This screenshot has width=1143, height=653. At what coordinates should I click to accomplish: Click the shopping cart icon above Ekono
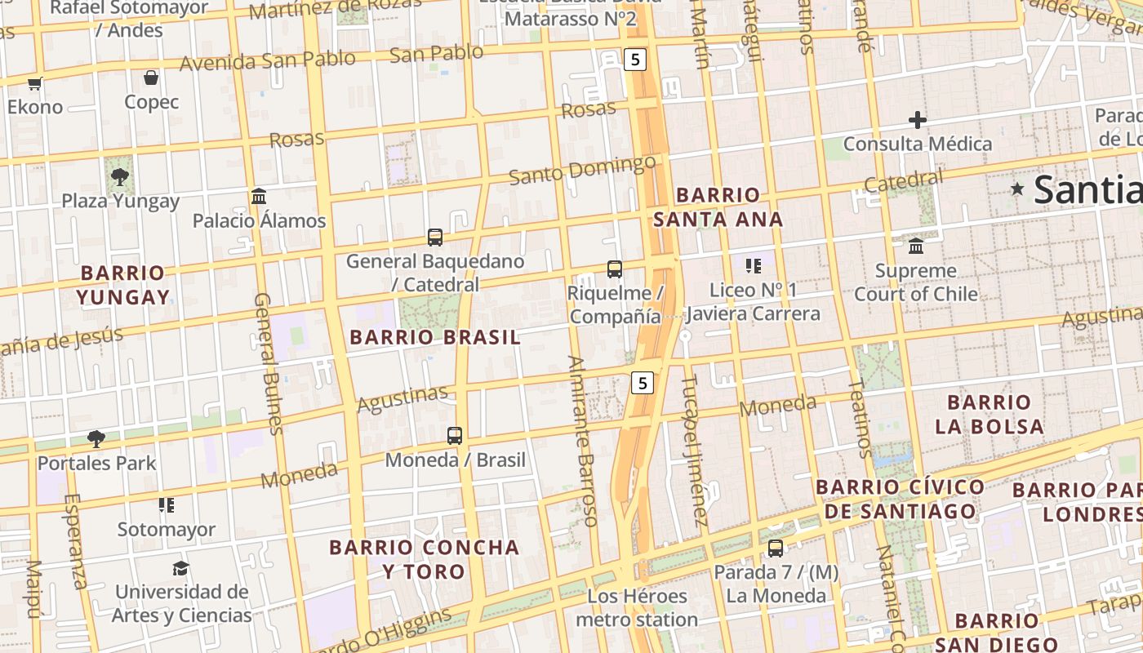[34, 83]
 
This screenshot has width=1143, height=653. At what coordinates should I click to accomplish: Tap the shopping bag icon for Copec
[151, 78]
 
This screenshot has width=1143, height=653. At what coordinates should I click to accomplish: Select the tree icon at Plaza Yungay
[120, 176]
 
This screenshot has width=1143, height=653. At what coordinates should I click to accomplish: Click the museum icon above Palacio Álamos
[260, 196]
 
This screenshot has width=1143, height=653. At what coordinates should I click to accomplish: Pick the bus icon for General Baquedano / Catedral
[435, 238]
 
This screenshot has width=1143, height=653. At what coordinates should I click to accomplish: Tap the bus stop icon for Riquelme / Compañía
[615, 269]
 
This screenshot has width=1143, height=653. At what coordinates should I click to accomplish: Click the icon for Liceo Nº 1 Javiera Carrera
[753, 265]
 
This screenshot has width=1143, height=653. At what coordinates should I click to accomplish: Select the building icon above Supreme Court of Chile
[916, 246]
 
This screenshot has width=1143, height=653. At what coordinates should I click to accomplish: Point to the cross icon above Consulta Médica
[918, 120]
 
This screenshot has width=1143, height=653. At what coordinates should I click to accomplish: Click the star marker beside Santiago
[1017, 189]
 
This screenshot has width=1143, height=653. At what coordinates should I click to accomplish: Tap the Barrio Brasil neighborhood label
[434, 337]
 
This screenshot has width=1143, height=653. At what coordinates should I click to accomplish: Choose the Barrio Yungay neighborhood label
[124, 285]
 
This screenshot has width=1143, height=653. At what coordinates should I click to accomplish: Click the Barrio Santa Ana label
[718, 207]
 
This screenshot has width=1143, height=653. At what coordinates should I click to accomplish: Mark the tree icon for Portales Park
[96, 439]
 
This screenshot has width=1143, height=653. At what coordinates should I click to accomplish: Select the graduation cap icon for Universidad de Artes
[181, 567]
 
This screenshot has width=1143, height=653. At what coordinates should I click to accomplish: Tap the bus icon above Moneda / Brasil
[455, 436]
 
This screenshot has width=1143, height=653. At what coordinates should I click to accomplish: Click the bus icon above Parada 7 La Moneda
[776, 549]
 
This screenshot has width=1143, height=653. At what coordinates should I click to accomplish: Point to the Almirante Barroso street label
[583, 440]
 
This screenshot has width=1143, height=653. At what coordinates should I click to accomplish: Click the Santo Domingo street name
[581, 170]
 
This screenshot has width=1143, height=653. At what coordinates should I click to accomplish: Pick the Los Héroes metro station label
[637, 608]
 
